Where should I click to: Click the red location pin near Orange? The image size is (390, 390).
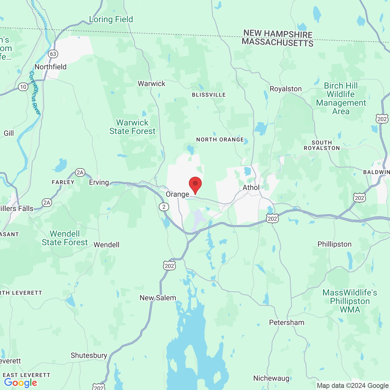click(195, 184)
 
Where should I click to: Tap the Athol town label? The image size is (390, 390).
click(251, 188)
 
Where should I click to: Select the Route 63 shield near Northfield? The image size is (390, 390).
click(53, 54)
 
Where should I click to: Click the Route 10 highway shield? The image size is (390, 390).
click(23, 87)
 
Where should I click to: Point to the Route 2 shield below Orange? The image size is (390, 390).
click(164, 207)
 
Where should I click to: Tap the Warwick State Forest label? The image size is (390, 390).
click(132, 127)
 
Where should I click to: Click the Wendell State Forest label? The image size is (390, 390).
click(65, 238)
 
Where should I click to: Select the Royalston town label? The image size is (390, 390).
click(285, 89)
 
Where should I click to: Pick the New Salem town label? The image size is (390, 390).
click(158, 298)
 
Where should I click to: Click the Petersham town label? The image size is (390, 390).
click(286, 322)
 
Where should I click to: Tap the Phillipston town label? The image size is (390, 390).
click(334, 244)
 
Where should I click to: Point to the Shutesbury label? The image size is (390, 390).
click(89, 355)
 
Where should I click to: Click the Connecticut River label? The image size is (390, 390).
click(35, 93)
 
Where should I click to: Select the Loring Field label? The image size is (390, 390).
click(111, 19)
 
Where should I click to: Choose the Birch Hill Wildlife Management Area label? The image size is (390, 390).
click(341, 98)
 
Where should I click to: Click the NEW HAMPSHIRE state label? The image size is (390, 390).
click(278, 34)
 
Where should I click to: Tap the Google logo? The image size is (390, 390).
click(20, 383)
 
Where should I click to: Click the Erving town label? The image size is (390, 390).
click(99, 182)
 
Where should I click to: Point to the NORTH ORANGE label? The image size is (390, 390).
click(220, 140)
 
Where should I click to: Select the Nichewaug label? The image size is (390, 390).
click(271, 378)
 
